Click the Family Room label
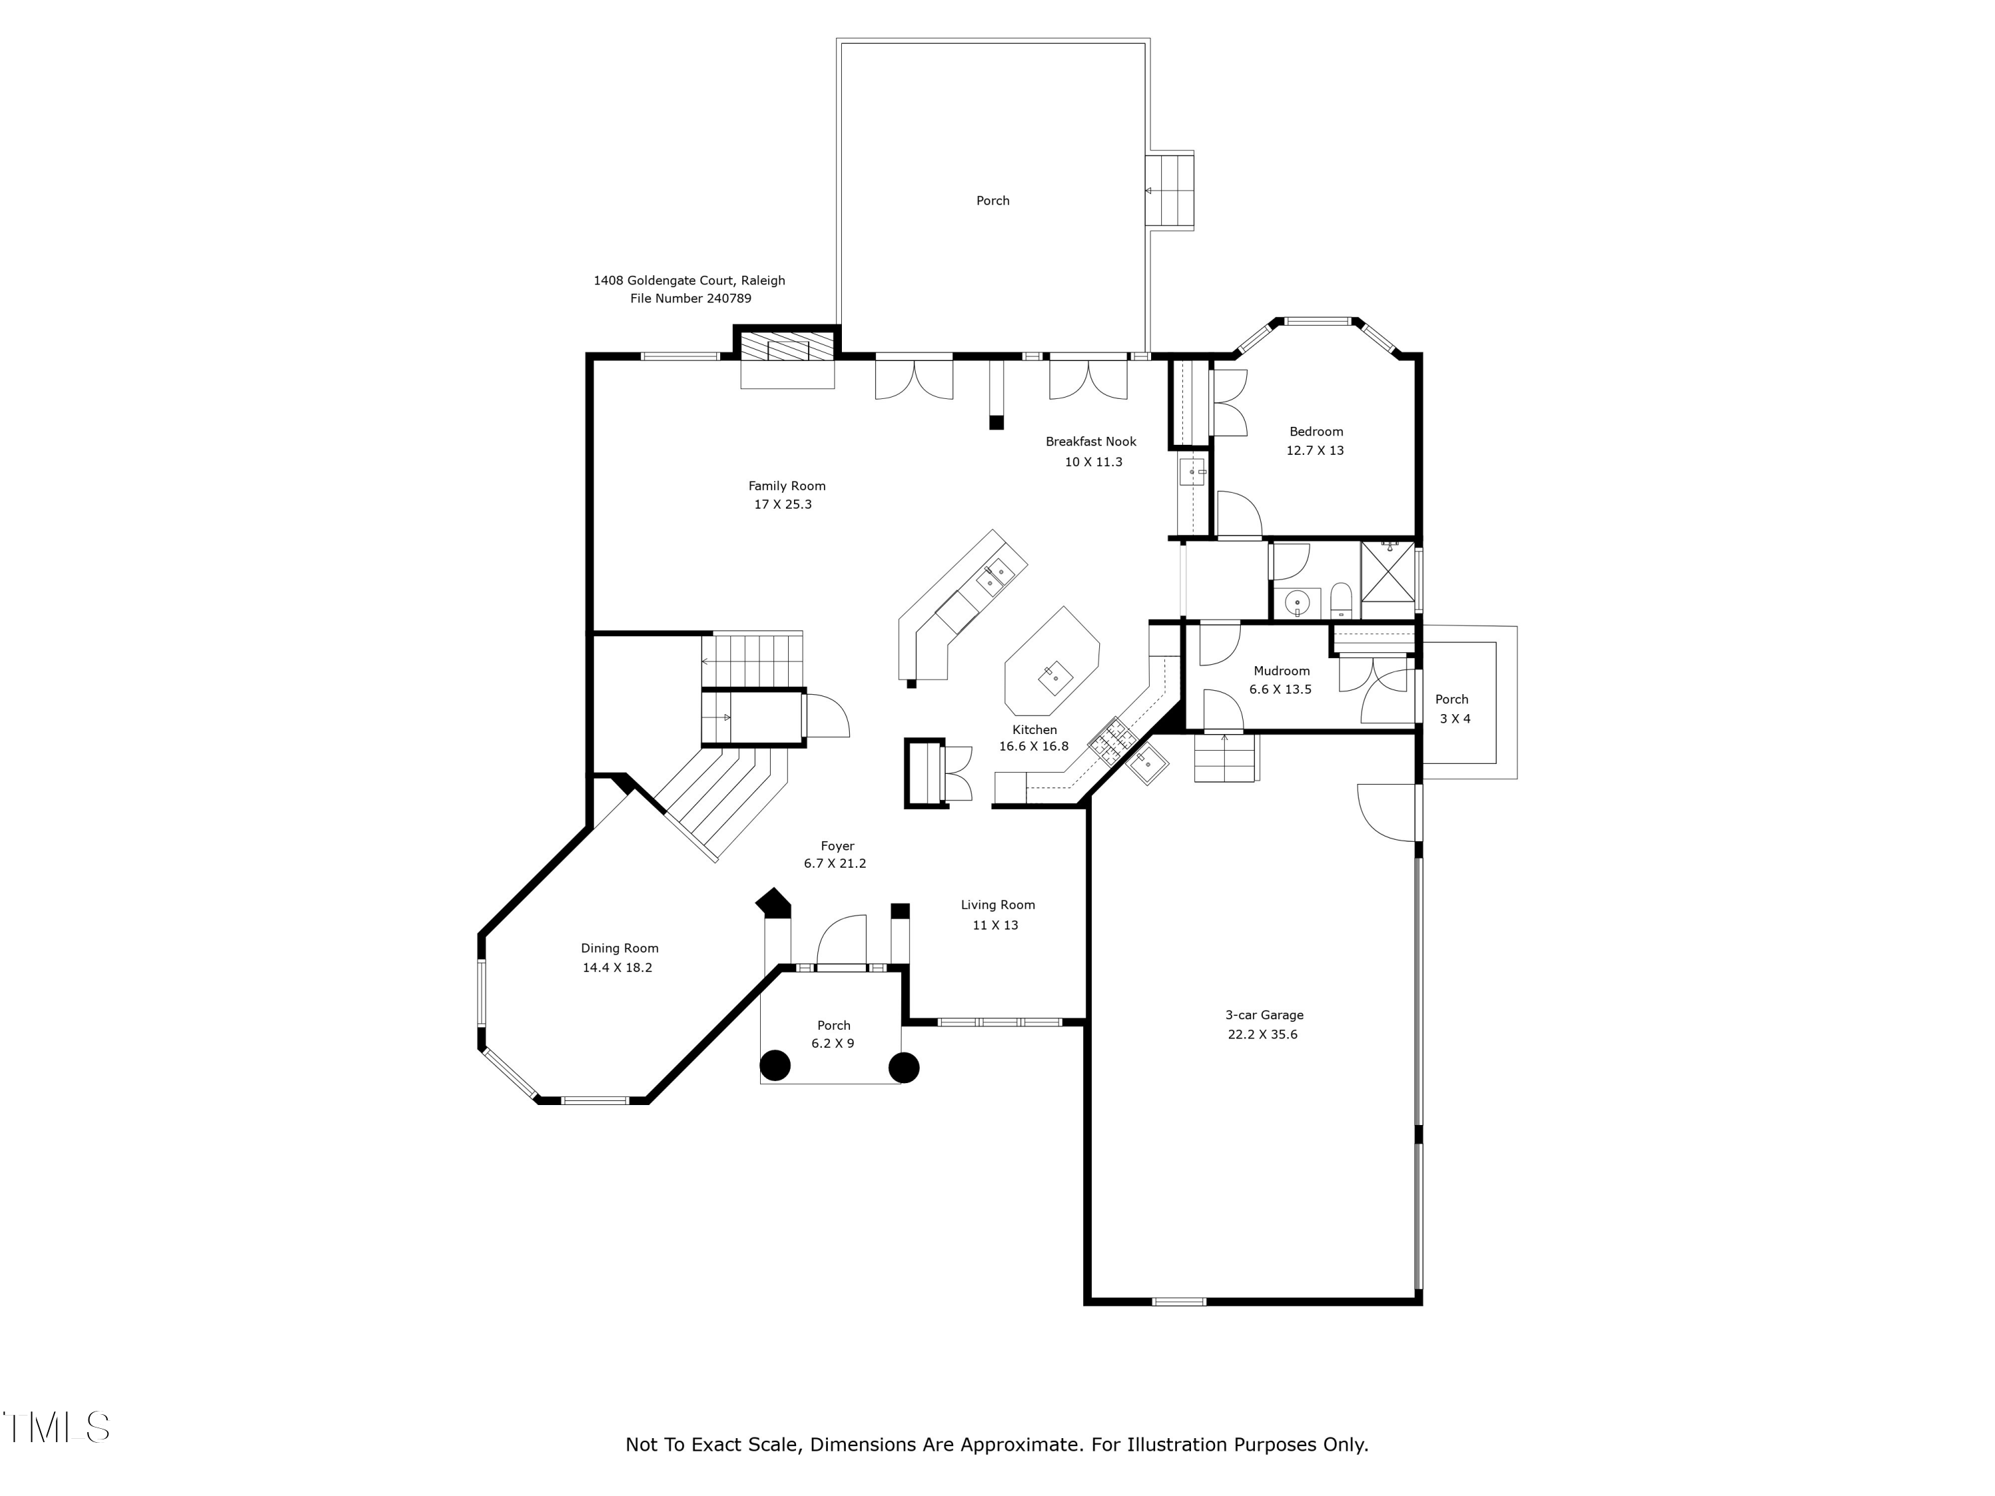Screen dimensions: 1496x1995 click(787, 486)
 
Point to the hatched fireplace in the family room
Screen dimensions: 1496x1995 click(787, 347)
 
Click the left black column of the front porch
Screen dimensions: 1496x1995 click(775, 1066)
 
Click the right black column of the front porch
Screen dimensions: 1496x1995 click(904, 1068)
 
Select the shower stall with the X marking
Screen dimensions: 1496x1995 click(1387, 570)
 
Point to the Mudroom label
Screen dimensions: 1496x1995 click(1281, 671)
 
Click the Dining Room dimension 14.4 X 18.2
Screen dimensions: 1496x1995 click(617, 967)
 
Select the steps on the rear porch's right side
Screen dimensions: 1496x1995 click(1170, 191)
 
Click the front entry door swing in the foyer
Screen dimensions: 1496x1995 click(841, 941)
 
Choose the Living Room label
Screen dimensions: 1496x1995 click(997, 904)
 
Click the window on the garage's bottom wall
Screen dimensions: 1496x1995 click(1179, 1301)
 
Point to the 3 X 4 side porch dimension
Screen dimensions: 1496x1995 click(1455, 719)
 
